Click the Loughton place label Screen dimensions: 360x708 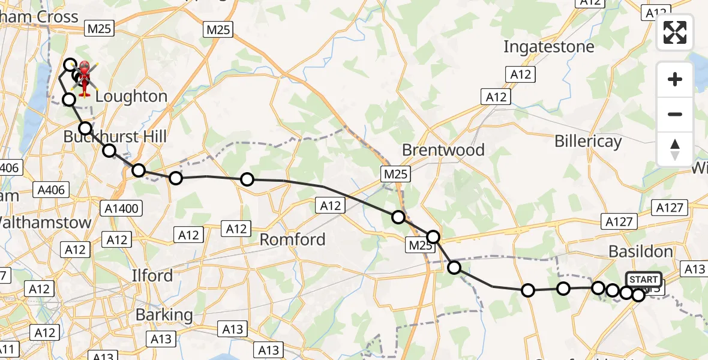coord(131,97)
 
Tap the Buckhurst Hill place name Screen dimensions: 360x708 coord(115,137)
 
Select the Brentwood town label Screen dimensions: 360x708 coord(443,150)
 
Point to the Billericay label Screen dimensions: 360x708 coord(588,142)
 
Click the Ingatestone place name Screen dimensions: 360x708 coord(548,47)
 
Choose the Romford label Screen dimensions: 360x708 coord(292,240)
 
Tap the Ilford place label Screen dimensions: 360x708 coord(152,276)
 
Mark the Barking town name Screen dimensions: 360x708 coord(164,315)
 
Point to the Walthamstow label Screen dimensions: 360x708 coord(46,223)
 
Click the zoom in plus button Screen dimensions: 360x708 coord(675,80)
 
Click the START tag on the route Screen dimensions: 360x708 coord(643,280)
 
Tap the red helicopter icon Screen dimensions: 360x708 coord(84,78)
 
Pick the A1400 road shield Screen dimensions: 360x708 coord(122,209)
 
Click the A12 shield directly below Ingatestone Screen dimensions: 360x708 coord(521,74)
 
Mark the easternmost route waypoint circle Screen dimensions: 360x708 coord(638,295)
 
